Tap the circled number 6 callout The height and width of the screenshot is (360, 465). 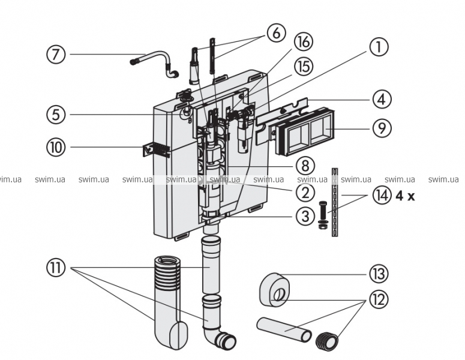276,33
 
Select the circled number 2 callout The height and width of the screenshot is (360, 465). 305,193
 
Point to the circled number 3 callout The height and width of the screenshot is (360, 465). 305,216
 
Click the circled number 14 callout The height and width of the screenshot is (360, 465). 378,196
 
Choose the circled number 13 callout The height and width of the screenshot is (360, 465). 379,274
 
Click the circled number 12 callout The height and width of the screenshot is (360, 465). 379,299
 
